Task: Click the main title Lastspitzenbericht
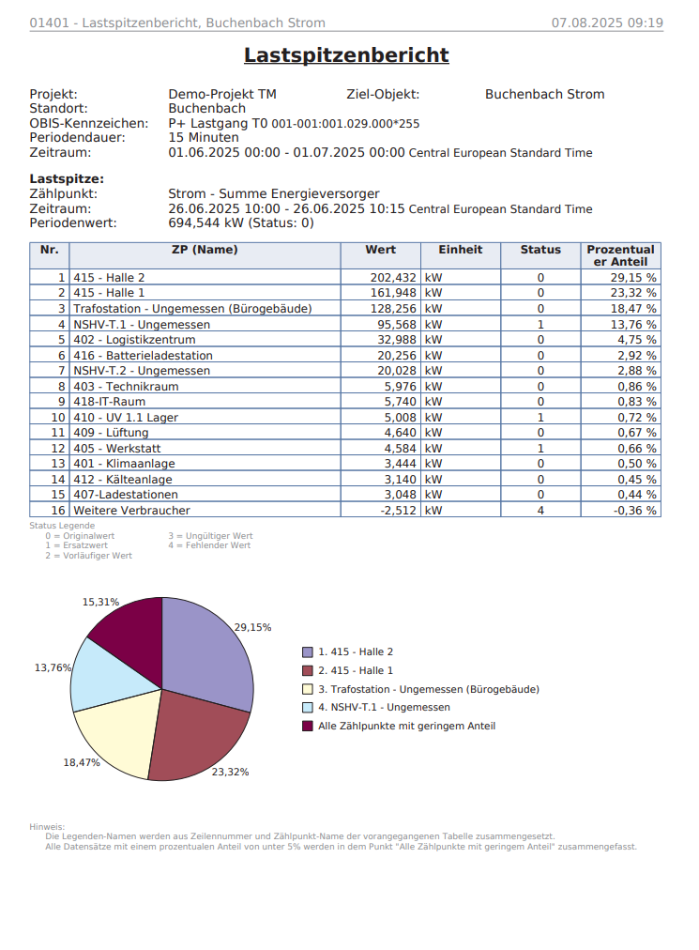[x=346, y=55]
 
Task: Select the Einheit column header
[x=460, y=250]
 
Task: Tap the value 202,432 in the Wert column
[x=392, y=278]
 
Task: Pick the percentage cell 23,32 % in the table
[x=633, y=293]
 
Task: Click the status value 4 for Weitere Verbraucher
[x=540, y=511]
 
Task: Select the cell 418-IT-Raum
[x=109, y=402]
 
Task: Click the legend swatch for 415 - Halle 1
[x=308, y=670]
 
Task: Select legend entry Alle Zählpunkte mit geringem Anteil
[x=406, y=726]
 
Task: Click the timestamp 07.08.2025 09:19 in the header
[x=607, y=23]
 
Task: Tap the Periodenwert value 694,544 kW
[x=240, y=223]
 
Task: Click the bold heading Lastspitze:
[x=67, y=178]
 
